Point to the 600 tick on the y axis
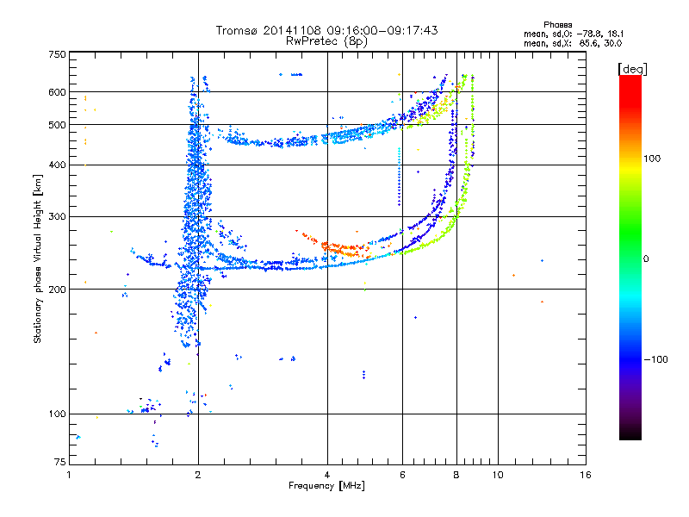click(58, 92)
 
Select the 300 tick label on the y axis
click(58, 216)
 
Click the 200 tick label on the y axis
click(58, 290)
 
